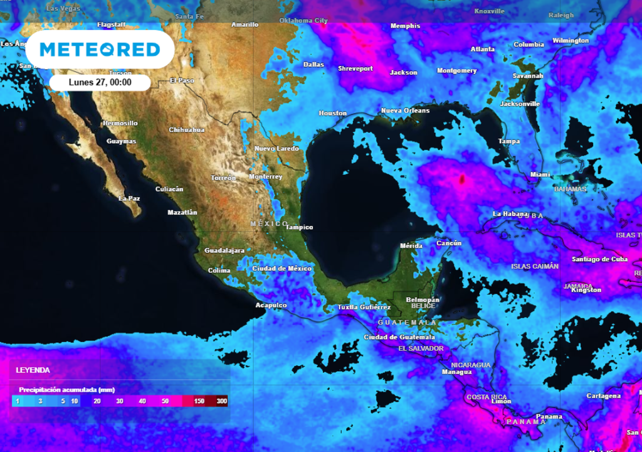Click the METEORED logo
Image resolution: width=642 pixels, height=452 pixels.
point(100,49)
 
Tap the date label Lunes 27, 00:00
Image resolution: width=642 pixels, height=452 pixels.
point(100,82)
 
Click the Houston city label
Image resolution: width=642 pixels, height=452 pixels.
point(332,113)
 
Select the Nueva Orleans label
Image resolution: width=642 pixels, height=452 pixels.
point(405,110)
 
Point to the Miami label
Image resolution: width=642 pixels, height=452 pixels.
point(540,174)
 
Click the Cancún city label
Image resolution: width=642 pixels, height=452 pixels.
point(449,243)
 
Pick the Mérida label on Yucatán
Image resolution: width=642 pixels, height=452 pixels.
point(411,245)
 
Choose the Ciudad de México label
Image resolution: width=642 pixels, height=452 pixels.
point(282,269)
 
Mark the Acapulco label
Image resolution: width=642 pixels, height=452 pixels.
point(271,305)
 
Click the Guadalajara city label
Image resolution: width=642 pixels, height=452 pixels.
point(224,250)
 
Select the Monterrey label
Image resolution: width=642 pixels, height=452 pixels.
point(265,177)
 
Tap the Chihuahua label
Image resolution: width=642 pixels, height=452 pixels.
point(187,130)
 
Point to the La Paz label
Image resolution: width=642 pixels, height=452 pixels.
point(129,198)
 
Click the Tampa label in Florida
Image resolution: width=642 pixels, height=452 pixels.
point(508,141)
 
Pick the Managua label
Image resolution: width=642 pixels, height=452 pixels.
point(456,372)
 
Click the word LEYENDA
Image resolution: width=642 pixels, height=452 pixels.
point(33,370)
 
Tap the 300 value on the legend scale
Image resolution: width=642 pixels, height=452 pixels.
point(221,401)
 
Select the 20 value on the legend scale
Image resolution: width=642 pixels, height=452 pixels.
point(97,401)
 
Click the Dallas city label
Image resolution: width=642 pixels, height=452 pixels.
point(313,64)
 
